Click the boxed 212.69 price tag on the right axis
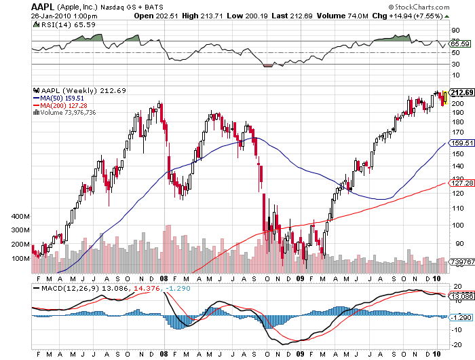coord(461,92)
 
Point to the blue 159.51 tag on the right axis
coord(460,143)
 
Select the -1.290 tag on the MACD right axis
coord(460,317)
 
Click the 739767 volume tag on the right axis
coord(460,261)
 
